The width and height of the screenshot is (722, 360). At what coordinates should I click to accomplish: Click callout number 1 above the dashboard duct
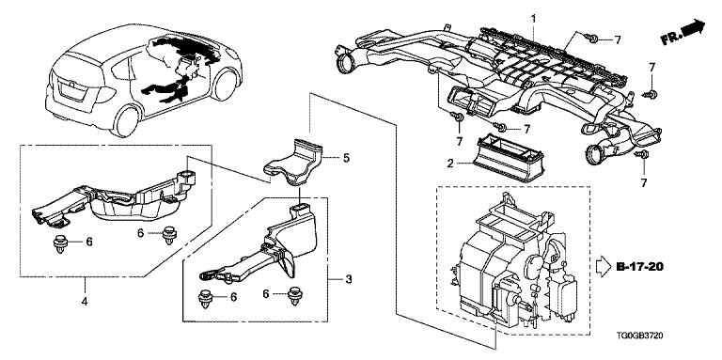(x=534, y=19)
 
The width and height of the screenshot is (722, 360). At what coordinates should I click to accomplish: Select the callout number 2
(x=450, y=163)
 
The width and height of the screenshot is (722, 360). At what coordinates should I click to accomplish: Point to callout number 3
(x=349, y=279)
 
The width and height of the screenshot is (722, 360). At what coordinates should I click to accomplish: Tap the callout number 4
(x=85, y=302)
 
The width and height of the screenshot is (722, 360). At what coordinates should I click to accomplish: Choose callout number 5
(x=346, y=158)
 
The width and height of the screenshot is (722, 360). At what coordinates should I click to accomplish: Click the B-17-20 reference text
(x=640, y=267)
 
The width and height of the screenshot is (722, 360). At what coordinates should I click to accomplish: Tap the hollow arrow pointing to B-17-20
(x=604, y=268)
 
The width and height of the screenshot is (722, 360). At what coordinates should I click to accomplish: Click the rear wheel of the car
(x=126, y=121)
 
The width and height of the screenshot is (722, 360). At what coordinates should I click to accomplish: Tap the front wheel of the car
(x=226, y=84)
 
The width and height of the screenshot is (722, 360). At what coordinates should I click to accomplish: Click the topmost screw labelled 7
(x=591, y=39)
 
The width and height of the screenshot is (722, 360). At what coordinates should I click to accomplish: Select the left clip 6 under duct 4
(x=59, y=243)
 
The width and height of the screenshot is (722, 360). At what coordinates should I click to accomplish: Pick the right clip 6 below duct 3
(x=293, y=294)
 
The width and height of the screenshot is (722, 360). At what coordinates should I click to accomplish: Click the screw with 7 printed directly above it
(x=651, y=94)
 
